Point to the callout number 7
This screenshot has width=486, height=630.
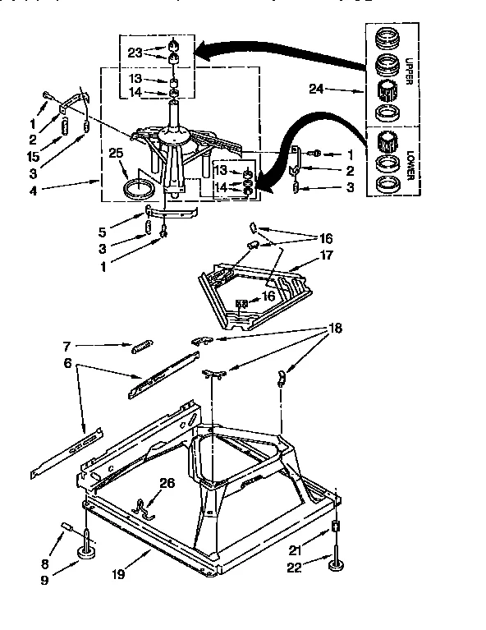69,347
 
